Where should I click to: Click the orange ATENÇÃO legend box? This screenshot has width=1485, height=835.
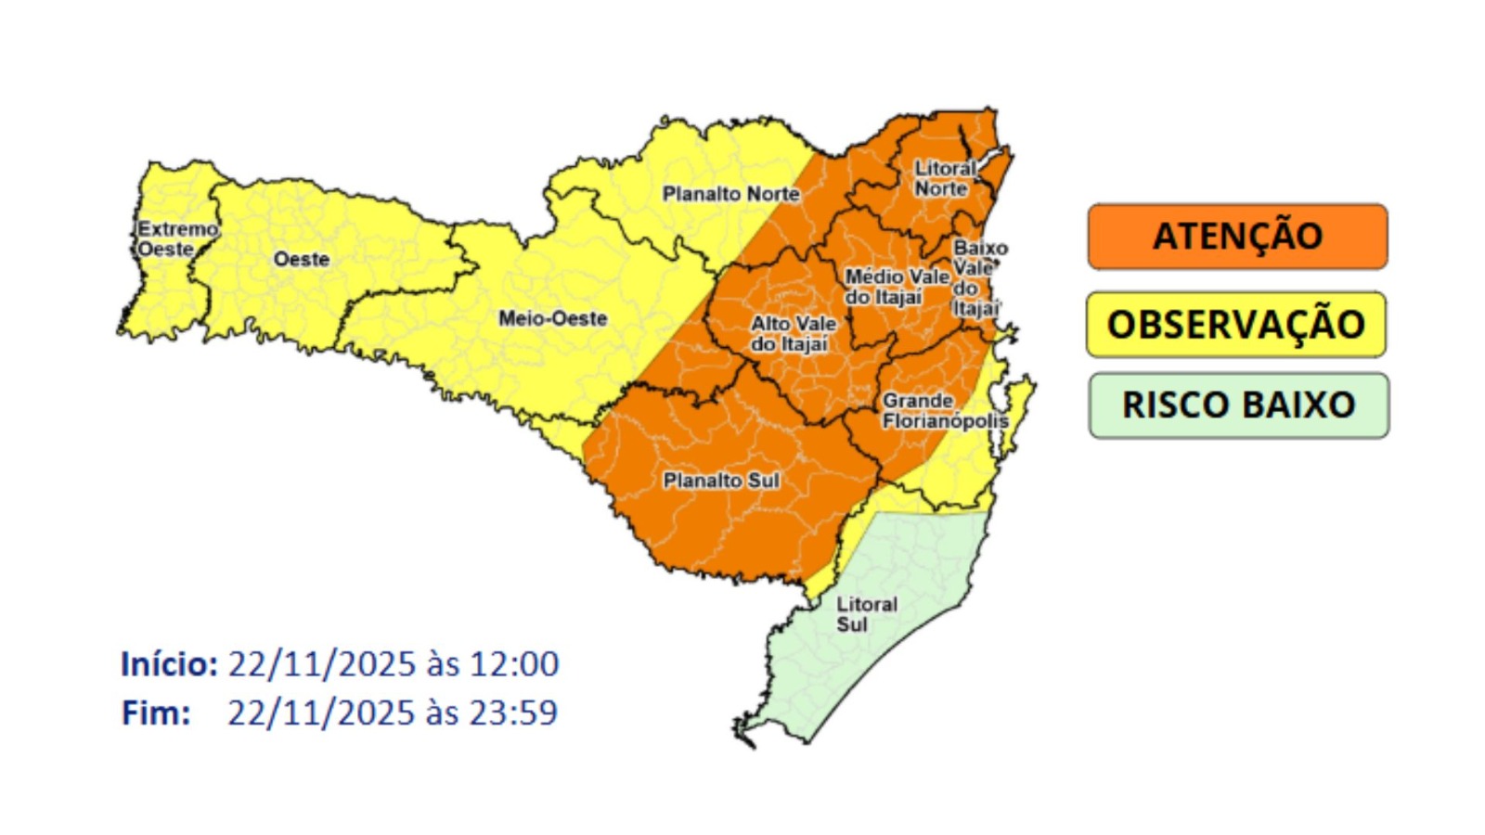1237,237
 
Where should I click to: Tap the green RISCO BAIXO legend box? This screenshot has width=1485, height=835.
1238,405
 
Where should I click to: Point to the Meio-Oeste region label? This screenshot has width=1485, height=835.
552,318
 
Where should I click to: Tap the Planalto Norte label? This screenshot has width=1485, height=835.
730,194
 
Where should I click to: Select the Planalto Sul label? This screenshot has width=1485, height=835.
721,481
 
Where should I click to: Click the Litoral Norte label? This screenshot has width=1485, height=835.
944,178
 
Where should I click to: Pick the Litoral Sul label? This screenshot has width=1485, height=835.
865,614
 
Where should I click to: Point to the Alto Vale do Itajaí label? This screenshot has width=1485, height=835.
793,334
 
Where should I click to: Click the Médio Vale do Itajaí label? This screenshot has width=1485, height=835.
896,287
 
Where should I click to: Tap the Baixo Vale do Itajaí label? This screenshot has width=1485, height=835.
978,278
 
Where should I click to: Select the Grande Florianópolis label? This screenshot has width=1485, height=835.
944,411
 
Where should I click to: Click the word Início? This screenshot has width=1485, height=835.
168,664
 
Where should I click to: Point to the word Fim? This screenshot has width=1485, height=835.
155,713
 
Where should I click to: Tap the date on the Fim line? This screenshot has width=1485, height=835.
321,713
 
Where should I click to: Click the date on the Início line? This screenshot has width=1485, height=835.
321,664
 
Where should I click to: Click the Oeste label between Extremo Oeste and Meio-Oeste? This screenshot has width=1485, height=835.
301,260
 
